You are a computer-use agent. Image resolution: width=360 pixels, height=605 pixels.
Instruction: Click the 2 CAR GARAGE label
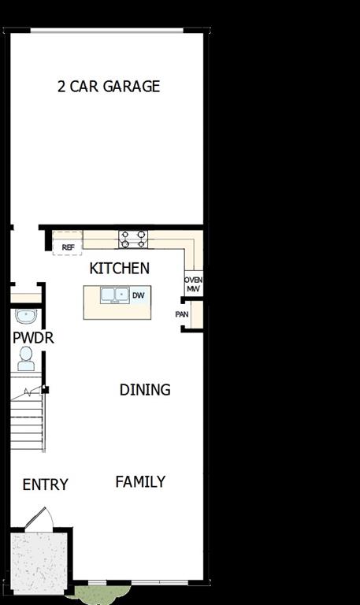click(x=109, y=87)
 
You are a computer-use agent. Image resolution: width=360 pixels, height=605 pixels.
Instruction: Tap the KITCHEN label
click(x=119, y=269)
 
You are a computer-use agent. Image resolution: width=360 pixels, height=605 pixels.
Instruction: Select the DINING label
click(x=145, y=390)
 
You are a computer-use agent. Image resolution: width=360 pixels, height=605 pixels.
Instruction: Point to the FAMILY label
click(x=140, y=481)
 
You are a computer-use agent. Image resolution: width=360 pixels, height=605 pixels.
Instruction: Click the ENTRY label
click(x=45, y=484)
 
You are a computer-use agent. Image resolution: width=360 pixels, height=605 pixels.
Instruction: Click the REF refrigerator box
click(x=68, y=247)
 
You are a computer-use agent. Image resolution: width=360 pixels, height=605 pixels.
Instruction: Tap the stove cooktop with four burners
click(x=133, y=239)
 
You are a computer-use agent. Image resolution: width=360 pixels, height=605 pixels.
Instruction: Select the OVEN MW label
click(x=193, y=284)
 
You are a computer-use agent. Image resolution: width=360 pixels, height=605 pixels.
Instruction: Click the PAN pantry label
click(x=182, y=314)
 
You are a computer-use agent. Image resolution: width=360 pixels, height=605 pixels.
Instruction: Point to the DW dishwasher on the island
click(x=139, y=295)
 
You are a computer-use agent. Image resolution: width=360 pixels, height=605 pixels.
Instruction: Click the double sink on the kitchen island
click(x=114, y=295)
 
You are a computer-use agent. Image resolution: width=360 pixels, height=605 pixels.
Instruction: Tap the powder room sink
click(x=26, y=317)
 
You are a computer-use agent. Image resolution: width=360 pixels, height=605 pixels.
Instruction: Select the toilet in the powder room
click(x=26, y=359)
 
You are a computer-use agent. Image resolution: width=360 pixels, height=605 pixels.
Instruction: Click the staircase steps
click(x=28, y=421)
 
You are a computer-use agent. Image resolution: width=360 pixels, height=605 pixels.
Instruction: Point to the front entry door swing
click(x=39, y=519)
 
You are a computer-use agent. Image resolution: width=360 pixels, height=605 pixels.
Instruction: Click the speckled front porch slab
click(x=39, y=563)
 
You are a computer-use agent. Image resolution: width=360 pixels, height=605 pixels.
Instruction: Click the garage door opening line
click(x=107, y=31)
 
